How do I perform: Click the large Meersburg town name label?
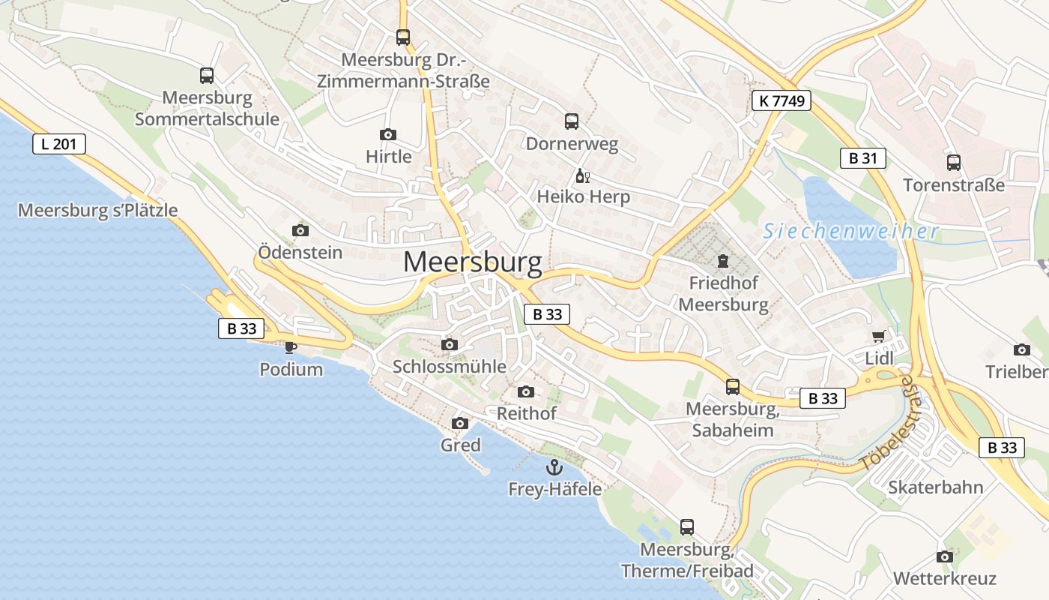click(x=472, y=262)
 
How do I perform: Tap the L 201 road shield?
click(x=59, y=144)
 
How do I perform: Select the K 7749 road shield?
click(x=782, y=100)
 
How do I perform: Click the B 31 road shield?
click(x=862, y=158)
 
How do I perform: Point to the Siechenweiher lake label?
click(x=851, y=231)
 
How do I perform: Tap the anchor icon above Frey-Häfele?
click(x=554, y=467)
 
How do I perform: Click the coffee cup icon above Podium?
click(x=291, y=346)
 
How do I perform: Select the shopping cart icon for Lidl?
click(x=879, y=337)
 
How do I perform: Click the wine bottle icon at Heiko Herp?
click(x=582, y=176)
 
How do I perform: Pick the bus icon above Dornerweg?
click(x=572, y=121)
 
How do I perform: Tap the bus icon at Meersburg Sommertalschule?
click(x=207, y=76)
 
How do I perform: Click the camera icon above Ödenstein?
click(x=300, y=230)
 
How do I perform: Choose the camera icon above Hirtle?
click(x=388, y=135)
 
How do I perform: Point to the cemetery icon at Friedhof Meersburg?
click(x=722, y=261)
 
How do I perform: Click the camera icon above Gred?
click(x=460, y=424)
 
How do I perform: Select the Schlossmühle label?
click(x=450, y=367)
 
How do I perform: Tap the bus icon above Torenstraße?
click(x=954, y=163)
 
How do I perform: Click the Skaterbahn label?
click(x=935, y=487)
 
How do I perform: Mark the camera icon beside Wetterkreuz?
click(x=945, y=556)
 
